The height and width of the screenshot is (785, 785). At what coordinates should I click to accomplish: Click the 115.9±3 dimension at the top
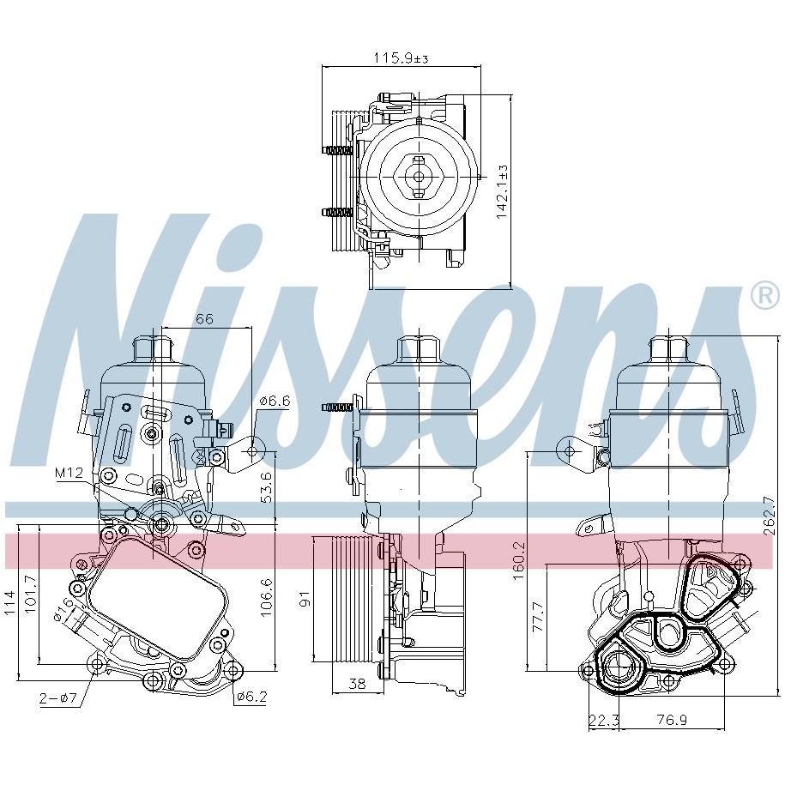(x=401, y=58)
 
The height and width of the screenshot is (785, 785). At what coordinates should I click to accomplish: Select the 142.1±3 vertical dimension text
(x=502, y=191)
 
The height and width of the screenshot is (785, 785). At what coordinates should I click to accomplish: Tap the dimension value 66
(x=204, y=319)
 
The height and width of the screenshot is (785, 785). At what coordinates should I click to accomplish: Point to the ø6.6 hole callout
(x=275, y=402)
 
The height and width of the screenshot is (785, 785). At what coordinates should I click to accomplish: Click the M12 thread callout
(x=69, y=472)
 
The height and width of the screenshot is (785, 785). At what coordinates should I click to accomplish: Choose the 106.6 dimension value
(x=266, y=597)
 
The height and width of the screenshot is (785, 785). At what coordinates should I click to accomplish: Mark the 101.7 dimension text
(x=31, y=594)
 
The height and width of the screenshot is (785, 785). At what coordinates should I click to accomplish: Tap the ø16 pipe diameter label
(x=64, y=610)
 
